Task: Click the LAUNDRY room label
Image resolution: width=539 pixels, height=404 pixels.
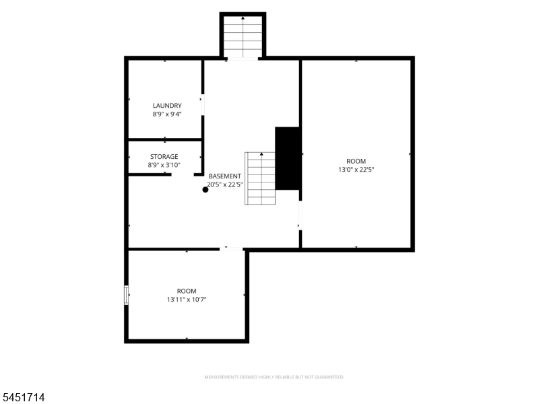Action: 167,106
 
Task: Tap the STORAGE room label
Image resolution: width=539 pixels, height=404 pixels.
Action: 164,157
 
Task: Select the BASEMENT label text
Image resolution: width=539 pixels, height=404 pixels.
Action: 225,176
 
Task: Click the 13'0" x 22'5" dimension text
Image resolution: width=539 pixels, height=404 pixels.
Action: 356,170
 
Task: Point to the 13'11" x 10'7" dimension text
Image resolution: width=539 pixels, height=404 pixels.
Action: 187,300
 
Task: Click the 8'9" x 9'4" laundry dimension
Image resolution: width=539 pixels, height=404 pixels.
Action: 167,114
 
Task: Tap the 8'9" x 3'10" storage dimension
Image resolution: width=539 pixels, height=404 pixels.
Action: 164,165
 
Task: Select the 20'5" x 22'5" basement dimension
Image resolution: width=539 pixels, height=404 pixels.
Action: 225,184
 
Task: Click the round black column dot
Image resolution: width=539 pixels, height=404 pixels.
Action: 205,190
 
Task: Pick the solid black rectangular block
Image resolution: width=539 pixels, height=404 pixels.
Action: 288,158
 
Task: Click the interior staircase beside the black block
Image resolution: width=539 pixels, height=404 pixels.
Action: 260,178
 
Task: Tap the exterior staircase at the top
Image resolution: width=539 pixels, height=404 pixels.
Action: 243,36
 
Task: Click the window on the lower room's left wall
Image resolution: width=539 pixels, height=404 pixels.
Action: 126,295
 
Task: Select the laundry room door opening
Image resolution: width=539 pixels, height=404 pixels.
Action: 203,105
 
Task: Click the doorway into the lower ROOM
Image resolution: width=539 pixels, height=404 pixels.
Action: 231,249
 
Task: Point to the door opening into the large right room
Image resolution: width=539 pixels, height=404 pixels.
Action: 300,215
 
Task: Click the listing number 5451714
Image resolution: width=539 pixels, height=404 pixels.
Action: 22,397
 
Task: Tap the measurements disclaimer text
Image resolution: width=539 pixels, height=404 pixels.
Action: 274,377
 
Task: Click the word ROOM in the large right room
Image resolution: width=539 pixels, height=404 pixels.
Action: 356,161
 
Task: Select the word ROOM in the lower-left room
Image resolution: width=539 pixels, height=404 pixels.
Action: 187,291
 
